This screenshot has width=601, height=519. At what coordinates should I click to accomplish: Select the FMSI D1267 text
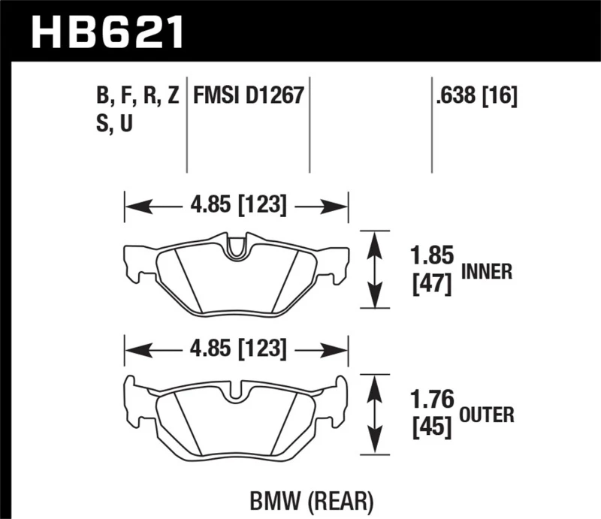[x=248, y=96]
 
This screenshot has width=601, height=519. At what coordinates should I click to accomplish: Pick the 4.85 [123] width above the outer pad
[x=237, y=349]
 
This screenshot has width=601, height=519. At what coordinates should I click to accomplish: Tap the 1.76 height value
[x=432, y=399]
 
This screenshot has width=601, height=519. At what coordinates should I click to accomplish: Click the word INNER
[x=487, y=272]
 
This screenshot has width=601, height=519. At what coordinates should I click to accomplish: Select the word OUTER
[x=487, y=415]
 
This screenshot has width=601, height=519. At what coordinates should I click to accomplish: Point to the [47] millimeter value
[x=432, y=285]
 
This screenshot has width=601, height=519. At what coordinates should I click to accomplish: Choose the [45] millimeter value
[x=432, y=427]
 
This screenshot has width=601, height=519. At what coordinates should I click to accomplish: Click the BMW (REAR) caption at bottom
[x=311, y=499]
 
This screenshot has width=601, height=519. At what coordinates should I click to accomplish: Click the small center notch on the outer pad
[x=237, y=392]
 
